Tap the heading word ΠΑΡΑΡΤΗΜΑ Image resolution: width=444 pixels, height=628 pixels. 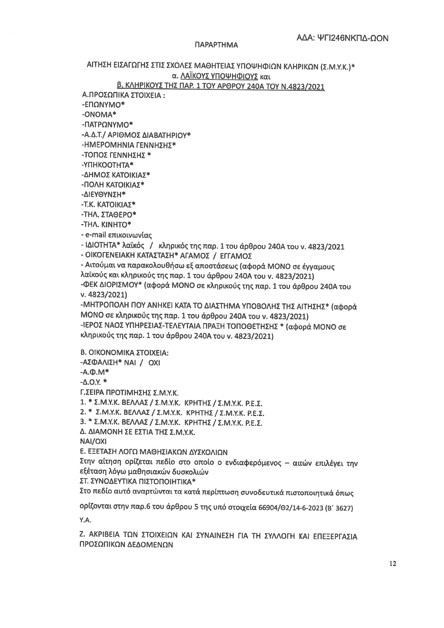pyautogui.click(x=216, y=45)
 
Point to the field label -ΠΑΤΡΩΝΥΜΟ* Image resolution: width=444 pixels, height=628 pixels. pyautogui.click(x=107, y=125)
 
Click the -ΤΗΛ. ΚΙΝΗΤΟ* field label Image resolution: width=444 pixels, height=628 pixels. pyautogui.click(x=106, y=224)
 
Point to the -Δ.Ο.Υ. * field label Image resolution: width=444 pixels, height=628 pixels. pyautogui.click(x=95, y=382)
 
